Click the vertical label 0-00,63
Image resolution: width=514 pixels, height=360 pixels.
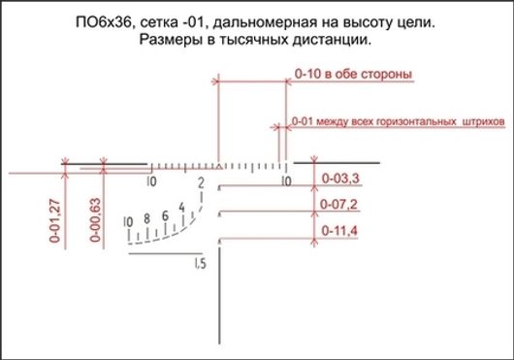point(95,218)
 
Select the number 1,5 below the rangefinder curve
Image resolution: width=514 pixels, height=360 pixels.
point(200,264)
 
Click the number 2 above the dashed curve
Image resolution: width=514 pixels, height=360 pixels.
point(200,182)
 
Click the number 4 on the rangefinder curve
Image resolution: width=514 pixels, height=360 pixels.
point(180,205)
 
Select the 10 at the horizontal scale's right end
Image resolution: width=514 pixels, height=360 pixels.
point(286,181)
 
